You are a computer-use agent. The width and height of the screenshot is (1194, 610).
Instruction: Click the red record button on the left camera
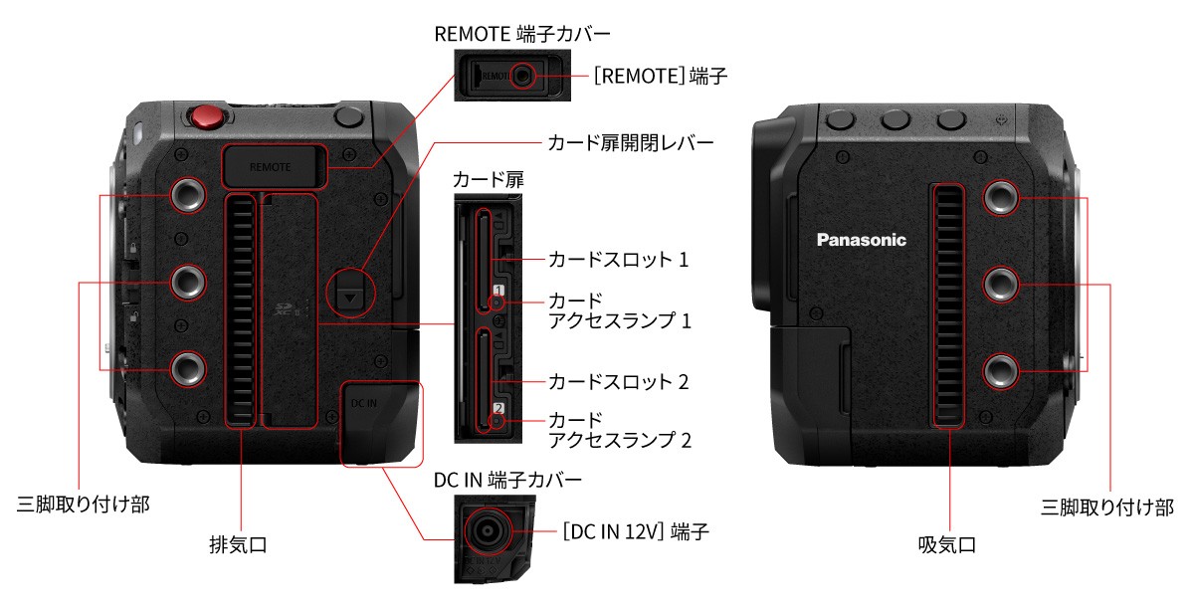tap(206, 116)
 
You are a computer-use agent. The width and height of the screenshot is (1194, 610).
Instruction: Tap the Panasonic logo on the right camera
tap(862, 240)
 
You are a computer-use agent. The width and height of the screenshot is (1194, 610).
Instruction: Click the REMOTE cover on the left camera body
tap(272, 166)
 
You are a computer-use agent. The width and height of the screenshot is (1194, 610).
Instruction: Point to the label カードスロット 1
tap(618, 260)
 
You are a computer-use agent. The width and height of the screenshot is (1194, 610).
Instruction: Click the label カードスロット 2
tap(618, 381)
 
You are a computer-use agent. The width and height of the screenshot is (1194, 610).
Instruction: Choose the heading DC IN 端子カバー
tap(507, 480)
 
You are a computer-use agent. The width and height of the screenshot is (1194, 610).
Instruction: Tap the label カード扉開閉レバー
tap(631, 142)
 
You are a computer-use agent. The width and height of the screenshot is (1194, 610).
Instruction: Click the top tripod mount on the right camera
tap(1001, 197)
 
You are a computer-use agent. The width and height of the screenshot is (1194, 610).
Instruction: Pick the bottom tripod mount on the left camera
tap(186, 368)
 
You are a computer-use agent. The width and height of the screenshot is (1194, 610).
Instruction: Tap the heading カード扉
tap(488, 180)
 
